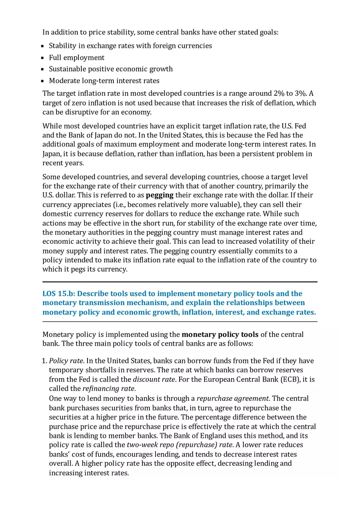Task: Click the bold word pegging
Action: [160, 195]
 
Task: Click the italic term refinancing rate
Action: [108, 389]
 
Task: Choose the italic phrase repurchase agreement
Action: [232, 399]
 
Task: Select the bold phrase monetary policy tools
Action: [220, 335]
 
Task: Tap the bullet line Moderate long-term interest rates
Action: [104, 81]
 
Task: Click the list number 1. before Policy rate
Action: [45, 361]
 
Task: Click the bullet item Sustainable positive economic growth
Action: [110, 69]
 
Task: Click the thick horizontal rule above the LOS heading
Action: [180, 282]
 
